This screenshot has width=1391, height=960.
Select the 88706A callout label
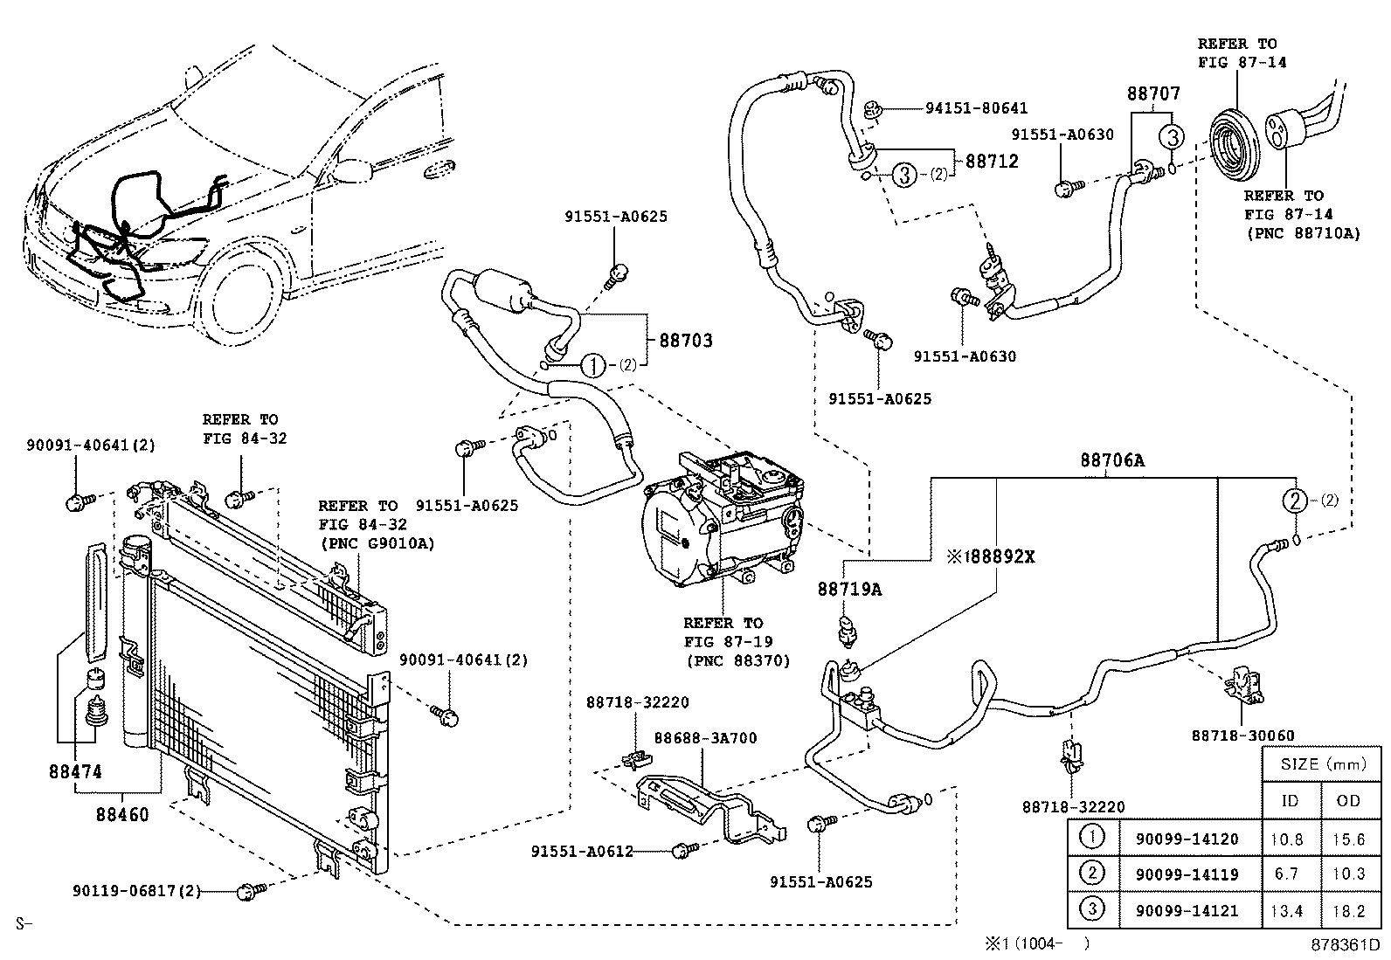click(1111, 460)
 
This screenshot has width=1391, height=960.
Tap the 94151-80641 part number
click(976, 109)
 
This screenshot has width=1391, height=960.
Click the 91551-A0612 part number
click(580, 851)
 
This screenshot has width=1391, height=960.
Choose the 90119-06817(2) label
click(137, 891)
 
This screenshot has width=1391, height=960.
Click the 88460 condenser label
click(121, 815)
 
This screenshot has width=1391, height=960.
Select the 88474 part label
click(75, 772)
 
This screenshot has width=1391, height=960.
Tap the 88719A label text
click(849, 590)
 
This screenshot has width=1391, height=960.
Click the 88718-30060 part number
click(1242, 736)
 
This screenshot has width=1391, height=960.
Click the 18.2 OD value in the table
click(1350, 911)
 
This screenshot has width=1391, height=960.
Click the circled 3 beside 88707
click(1172, 137)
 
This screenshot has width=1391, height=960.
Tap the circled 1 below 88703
click(593, 366)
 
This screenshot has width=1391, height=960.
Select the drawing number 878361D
click(1344, 945)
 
